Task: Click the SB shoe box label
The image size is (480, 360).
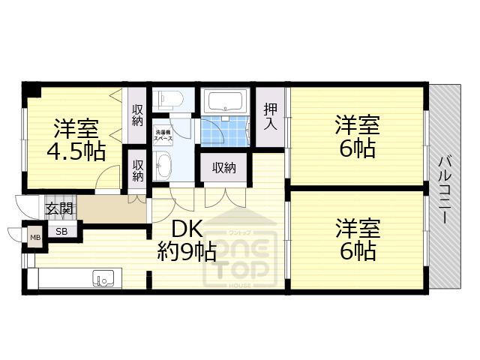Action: tap(61, 231)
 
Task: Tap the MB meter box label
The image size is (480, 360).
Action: tap(35, 238)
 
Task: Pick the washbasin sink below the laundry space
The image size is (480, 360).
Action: tap(164, 164)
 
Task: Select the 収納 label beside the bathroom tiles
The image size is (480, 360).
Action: tap(223, 167)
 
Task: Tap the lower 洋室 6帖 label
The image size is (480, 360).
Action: tap(355, 239)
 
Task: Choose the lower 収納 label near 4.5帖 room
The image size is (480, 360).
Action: tap(138, 170)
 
